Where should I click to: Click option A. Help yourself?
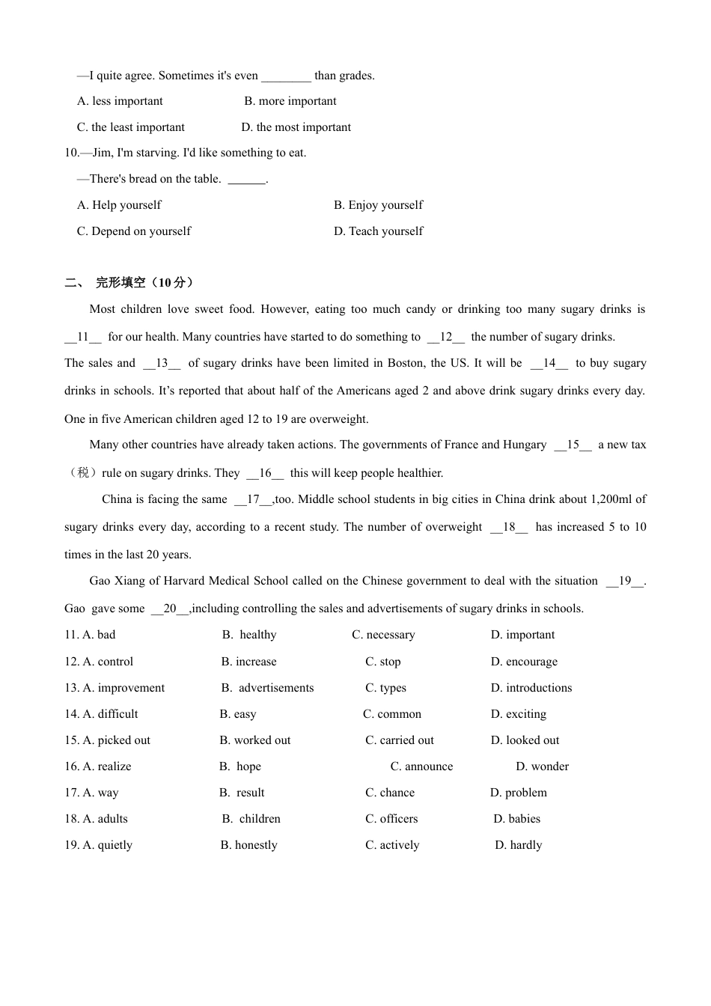(119, 205)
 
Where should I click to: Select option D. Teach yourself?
(378, 231)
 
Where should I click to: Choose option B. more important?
(290, 101)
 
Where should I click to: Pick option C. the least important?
(130, 127)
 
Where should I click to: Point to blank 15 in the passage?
(573, 445)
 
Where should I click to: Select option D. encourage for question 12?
(524, 662)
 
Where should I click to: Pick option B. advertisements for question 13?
(268, 688)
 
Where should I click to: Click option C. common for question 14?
(392, 714)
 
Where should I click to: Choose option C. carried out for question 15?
(400, 740)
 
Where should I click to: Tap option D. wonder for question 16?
(542, 766)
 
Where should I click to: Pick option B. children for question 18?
(251, 819)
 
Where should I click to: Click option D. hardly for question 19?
(518, 845)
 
